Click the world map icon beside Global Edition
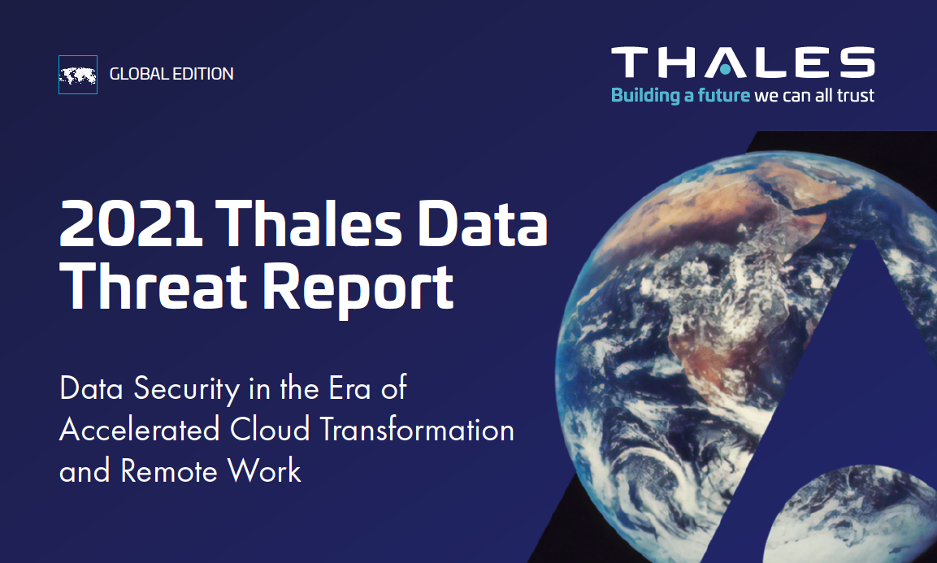point(78,75)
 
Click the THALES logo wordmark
point(743,63)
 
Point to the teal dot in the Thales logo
point(725,70)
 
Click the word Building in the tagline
point(645,96)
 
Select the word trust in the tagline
point(855,96)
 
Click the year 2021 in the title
point(131,223)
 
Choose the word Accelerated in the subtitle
point(140,430)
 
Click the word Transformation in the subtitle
point(417,430)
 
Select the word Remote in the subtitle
point(169,471)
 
